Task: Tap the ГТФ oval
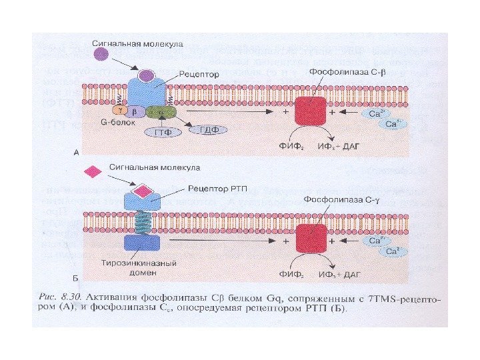tap(159, 132)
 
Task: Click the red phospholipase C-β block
tap(311, 110)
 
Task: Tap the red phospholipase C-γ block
tap(311, 238)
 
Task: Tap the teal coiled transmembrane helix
tap(142, 220)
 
